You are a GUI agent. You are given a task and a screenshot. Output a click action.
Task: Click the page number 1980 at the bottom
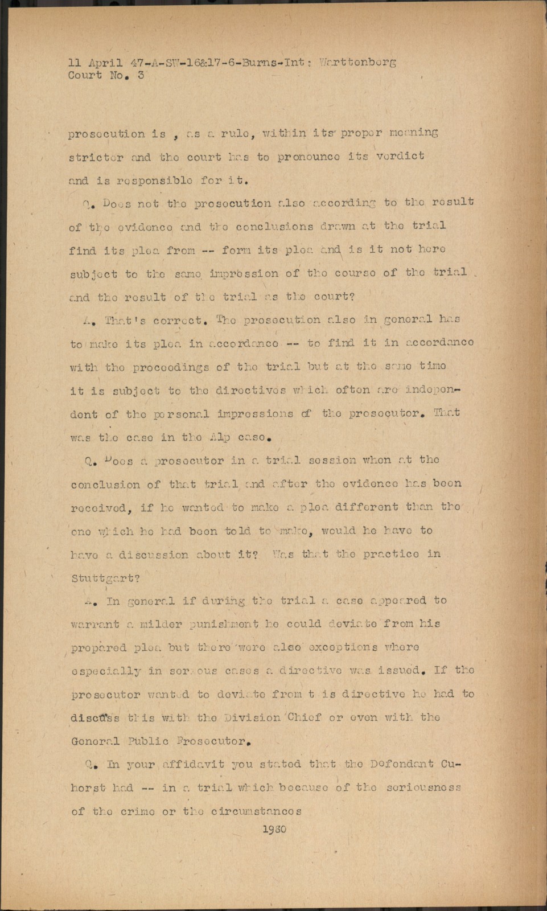point(274,829)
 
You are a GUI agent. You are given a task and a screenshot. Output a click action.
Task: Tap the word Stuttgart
point(105,578)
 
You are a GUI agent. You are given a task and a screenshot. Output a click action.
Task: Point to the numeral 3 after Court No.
point(141,75)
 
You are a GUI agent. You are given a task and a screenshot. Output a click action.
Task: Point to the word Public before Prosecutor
point(148,741)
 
